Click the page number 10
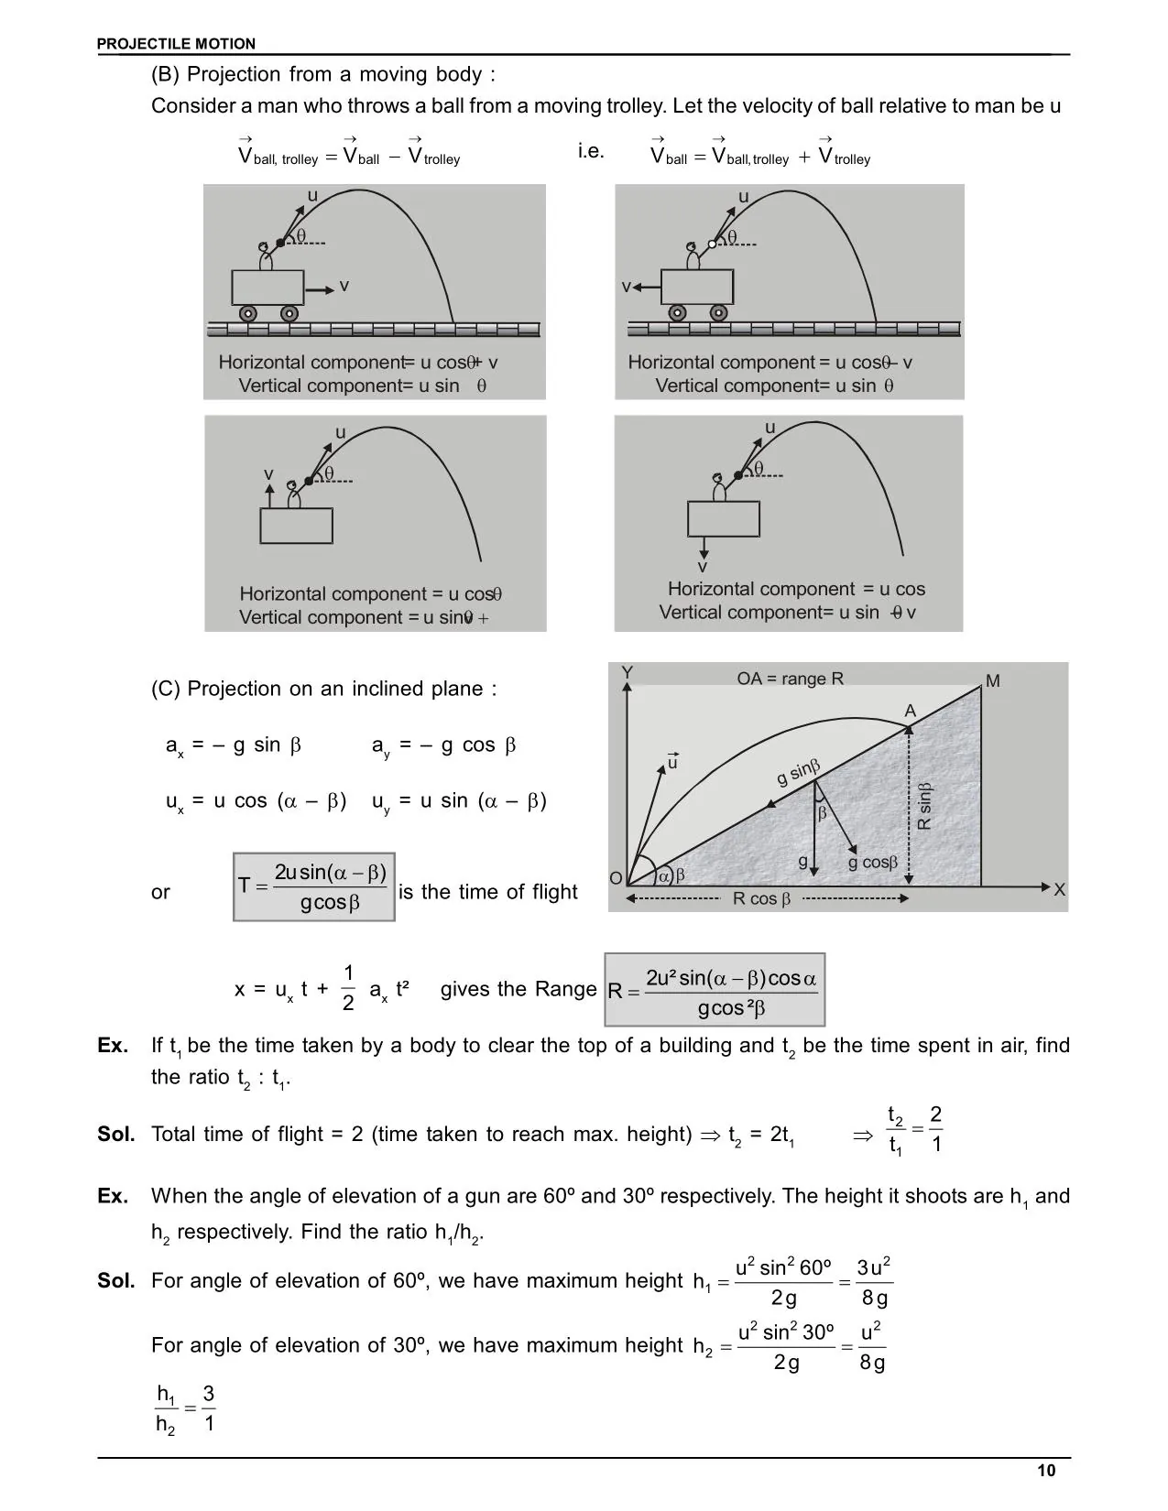(1046, 1471)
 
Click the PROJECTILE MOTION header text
(177, 44)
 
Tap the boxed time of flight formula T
(314, 886)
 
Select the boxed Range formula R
(715, 990)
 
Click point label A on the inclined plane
(910, 712)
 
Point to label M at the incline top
(993, 681)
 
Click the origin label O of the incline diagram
(616, 878)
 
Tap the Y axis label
(627, 673)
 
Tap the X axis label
(1060, 889)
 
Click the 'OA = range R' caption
(790, 679)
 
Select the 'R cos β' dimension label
(761, 899)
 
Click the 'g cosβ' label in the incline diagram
(873, 863)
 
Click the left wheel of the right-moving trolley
(248, 313)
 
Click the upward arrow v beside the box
(269, 493)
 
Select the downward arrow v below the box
(703, 548)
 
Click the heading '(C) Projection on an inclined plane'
(323, 689)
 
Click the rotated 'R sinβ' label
(924, 806)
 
